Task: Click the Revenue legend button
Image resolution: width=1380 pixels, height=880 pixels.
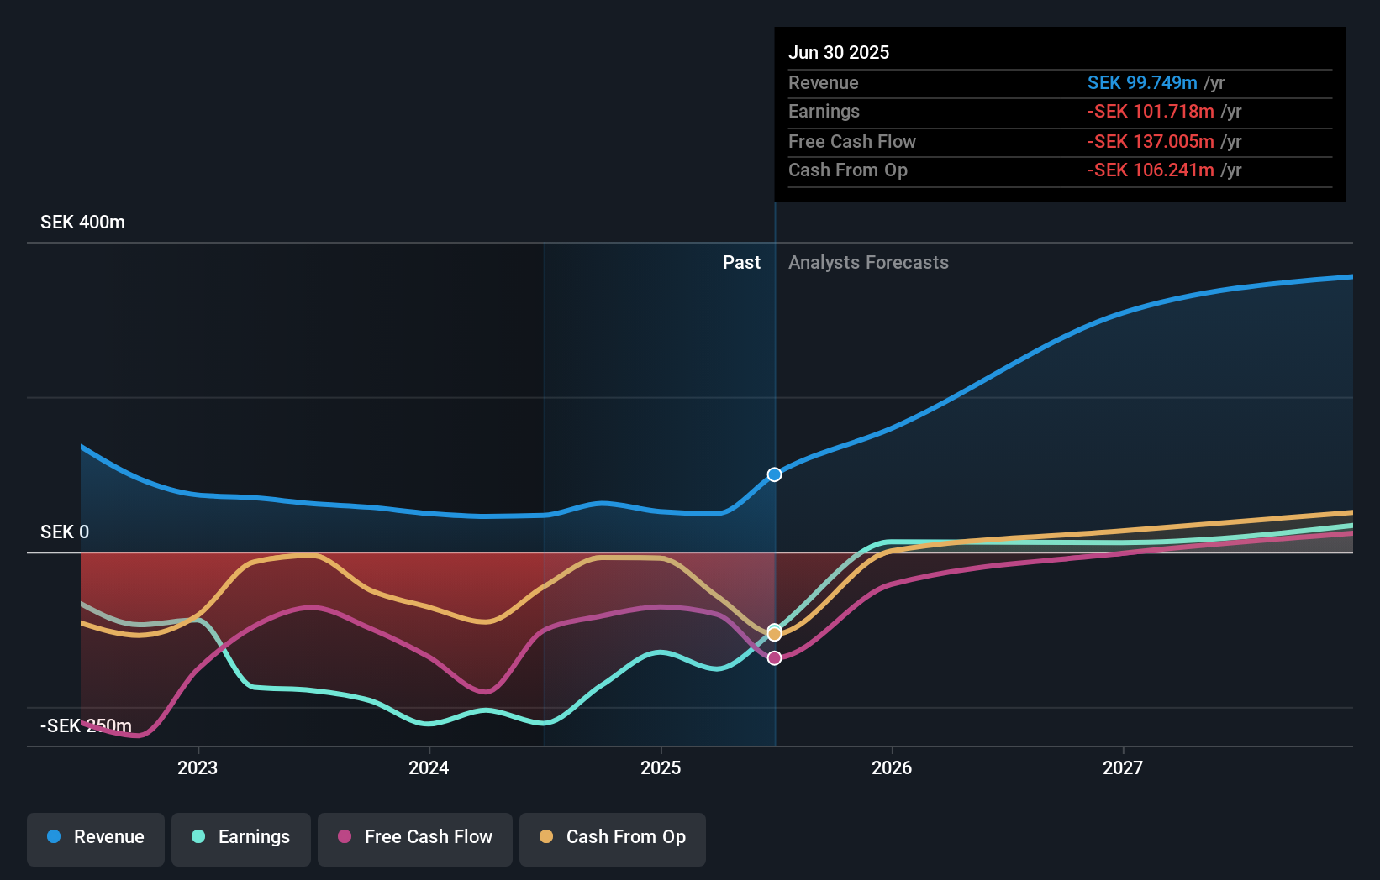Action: (x=96, y=837)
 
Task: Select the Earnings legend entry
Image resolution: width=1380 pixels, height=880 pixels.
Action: (x=241, y=837)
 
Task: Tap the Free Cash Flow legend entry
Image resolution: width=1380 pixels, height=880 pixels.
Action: (x=415, y=837)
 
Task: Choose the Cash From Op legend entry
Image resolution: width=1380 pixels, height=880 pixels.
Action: (x=613, y=837)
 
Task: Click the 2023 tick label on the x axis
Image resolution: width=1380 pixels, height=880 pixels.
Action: (x=198, y=767)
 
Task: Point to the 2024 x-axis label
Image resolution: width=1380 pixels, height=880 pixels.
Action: (x=429, y=767)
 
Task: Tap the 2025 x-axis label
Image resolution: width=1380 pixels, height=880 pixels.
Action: (x=661, y=767)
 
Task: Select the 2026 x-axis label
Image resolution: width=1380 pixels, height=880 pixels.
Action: (x=892, y=767)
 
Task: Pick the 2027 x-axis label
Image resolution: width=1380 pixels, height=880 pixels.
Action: (x=1123, y=767)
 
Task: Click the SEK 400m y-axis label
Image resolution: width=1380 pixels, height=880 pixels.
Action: (x=82, y=223)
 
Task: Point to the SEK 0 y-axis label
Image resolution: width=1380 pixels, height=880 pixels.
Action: (x=65, y=532)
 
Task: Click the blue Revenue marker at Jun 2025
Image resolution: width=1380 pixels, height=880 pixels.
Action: (x=775, y=474)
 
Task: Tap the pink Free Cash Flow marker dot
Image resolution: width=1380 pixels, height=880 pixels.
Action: (x=775, y=657)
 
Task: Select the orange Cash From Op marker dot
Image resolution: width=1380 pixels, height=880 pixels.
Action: (x=775, y=634)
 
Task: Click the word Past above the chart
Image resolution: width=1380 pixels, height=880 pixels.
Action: (x=741, y=263)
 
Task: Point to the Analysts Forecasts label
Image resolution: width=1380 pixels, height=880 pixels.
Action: (x=868, y=263)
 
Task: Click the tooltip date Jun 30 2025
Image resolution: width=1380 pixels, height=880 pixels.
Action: (x=839, y=52)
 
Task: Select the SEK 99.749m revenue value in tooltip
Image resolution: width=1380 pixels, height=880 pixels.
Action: (x=1142, y=82)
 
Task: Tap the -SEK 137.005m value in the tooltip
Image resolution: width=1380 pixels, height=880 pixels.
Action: (x=1151, y=141)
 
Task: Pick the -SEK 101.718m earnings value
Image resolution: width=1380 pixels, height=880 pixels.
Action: (x=1151, y=111)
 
